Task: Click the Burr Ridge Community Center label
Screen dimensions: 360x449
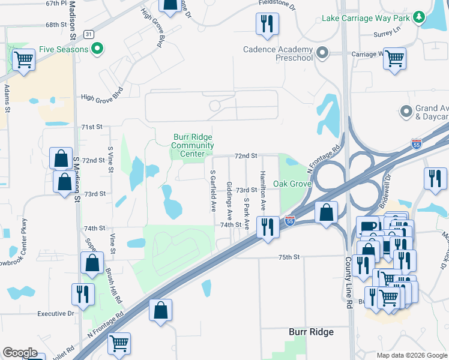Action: point(193,145)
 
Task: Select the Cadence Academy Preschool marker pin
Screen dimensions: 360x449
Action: point(322,53)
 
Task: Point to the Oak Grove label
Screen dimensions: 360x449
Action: point(292,183)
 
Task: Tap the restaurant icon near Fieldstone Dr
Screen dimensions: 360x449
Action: point(265,24)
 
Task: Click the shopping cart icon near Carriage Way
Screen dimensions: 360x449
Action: point(394,59)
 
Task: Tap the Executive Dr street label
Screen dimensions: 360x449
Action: point(55,313)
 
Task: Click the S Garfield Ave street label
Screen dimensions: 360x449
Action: point(213,190)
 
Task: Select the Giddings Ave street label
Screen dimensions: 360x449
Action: point(229,200)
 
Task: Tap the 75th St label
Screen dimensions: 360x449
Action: point(288,257)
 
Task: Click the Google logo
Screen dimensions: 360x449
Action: point(20,353)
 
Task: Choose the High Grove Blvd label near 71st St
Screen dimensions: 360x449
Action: point(101,94)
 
